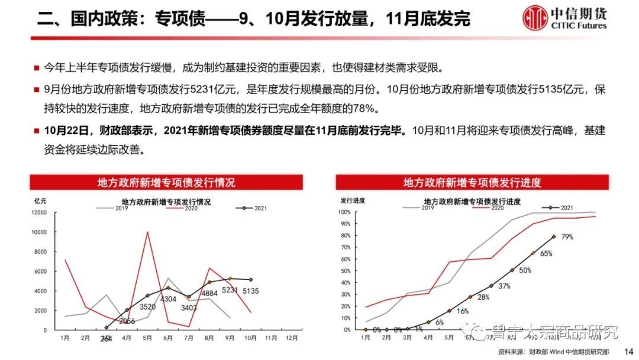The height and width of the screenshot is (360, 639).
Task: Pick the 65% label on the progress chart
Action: click(x=546, y=253)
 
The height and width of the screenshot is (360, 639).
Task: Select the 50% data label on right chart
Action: click(x=524, y=270)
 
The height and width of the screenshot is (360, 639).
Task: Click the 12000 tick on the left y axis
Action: click(x=39, y=212)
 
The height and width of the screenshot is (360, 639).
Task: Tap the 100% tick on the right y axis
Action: click(x=344, y=211)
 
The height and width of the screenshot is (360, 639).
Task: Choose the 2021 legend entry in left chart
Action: click(x=254, y=208)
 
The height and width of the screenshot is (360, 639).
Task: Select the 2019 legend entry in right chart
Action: click(x=428, y=208)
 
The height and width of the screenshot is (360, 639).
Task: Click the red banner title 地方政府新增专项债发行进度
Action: click(x=472, y=182)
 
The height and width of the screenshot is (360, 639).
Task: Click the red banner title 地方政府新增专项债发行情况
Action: click(x=166, y=182)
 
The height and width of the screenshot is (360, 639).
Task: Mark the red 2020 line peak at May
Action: click(x=147, y=232)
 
